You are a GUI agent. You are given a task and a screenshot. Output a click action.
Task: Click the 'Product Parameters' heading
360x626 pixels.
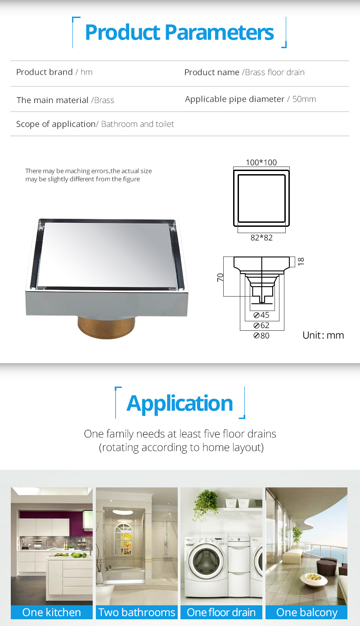click(x=179, y=32)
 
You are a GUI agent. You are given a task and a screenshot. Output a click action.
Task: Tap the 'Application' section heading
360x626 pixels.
click(x=180, y=404)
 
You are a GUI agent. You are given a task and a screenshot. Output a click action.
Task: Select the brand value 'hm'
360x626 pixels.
click(x=86, y=72)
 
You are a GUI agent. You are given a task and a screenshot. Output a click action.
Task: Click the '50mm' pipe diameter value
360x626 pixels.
click(x=304, y=99)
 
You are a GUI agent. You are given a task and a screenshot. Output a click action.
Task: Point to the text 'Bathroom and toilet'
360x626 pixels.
click(x=138, y=124)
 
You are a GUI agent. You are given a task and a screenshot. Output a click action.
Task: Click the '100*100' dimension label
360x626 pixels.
click(x=261, y=162)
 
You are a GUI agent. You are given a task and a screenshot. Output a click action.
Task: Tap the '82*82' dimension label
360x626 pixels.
click(x=261, y=238)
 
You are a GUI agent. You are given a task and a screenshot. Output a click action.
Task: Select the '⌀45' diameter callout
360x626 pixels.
click(x=261, y=315)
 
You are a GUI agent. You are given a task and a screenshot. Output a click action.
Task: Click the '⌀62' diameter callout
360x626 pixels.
click(x=261, y=325)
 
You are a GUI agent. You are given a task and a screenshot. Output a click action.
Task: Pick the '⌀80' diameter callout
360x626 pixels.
click(x=261, y=335)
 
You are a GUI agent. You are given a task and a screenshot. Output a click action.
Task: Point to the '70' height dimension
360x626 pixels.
click(x=220, y=277)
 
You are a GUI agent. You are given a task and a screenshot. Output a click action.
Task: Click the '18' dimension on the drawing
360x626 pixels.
click(x=301, y=261)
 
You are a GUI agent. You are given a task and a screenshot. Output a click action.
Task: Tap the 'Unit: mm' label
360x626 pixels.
click(x=323, y=335)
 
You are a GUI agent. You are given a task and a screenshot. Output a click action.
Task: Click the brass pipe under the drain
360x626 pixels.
click(x=106, y=327)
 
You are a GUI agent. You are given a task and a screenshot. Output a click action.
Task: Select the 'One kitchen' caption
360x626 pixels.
click(x=52, y=612)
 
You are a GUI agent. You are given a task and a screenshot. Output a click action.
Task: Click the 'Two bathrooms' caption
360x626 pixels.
click(x=137, y=612)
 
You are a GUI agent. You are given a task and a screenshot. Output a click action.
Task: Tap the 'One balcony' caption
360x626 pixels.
click(x=306, y=612)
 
